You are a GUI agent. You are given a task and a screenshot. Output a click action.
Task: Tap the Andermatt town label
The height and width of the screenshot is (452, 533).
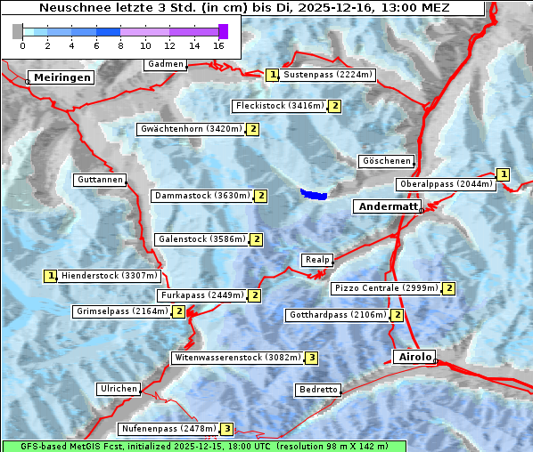pos(387,206)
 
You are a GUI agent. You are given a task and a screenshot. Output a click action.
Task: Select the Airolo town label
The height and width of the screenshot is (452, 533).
pos(414,357)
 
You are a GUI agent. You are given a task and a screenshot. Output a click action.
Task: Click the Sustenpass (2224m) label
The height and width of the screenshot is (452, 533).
pos(328,75)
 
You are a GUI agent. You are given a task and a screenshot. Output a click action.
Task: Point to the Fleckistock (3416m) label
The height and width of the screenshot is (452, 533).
pos(279,106)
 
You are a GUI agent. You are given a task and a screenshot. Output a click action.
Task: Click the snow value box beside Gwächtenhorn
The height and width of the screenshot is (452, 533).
pos(253,129)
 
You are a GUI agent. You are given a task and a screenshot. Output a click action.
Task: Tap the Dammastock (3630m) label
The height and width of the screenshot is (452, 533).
pos(201,196)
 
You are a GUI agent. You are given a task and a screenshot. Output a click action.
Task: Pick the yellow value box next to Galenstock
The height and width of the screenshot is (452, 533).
pos(257,239)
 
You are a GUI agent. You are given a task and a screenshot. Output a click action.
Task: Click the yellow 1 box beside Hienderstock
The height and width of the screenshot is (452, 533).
pos(51,276)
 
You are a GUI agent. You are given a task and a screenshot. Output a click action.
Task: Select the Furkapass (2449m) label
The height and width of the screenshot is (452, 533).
pos(201,295)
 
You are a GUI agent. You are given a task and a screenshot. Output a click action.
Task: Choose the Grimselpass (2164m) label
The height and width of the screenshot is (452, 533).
pos(121,311)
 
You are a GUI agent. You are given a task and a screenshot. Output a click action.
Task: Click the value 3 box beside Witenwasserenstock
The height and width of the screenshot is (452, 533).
pos(311,358)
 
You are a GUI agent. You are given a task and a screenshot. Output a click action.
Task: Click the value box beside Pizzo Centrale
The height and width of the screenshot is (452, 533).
pos(449,288)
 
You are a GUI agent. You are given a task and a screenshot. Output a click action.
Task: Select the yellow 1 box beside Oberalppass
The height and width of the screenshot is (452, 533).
pos(504,174)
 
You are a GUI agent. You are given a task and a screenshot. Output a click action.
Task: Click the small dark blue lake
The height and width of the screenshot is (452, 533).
pos(314,194)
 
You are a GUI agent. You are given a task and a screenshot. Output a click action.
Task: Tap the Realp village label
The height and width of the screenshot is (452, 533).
pos(316,260)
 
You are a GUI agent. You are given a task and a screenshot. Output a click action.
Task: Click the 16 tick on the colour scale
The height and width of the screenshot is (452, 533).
pos(219,44)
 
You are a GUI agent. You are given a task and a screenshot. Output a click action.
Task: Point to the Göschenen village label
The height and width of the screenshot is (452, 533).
pos(387,161)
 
